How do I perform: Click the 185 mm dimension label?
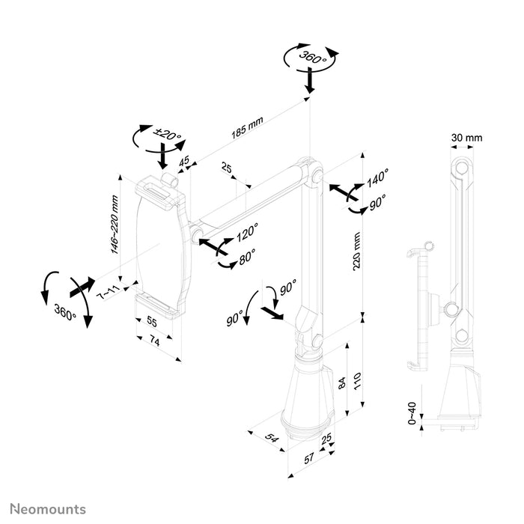[x=247, y=130]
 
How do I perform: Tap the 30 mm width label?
[x=468, y=138]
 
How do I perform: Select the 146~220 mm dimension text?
[x=116, y=225]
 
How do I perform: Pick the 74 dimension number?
[x=155, y=341]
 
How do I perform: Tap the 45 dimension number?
[x=183, y=161]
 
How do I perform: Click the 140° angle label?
[x=378, y=178]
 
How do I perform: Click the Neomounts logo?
[x=46, y=510]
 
